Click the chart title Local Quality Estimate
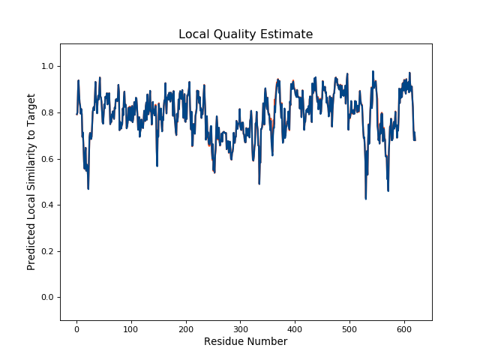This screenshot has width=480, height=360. point(245,34)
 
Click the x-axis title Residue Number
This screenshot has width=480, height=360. point(245,342)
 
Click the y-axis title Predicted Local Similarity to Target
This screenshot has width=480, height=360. point(31,181)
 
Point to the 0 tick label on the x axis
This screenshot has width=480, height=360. point(76,328)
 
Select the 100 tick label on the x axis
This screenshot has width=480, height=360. point(131,328)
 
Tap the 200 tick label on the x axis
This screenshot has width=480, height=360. point(186,328)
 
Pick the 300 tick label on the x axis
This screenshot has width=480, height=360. point(240,328)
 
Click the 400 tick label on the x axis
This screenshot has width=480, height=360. point(295,328)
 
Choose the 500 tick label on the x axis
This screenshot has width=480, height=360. point(349,328)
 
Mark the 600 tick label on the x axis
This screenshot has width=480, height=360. point(404,328)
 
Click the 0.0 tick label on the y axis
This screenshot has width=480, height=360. point(49,298)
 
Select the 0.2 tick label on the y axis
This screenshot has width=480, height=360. point(49,251)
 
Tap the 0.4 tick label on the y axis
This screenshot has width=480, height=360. point(49,205)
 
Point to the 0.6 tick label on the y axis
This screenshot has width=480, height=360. point(49,159)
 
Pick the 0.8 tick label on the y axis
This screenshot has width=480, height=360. point(49,113)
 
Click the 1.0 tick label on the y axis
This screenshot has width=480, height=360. point(49,67)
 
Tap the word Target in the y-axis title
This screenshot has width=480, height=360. point(31,108)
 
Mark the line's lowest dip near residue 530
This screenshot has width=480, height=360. point(365,198)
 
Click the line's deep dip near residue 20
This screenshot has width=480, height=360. point(88,187)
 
